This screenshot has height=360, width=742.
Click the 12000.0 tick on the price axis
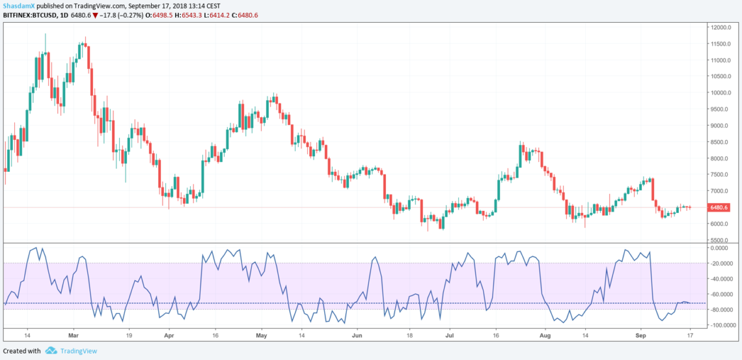pyautogui.click(x=719, y=27)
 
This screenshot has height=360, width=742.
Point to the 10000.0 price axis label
pyautogui.click(x=719, y=92)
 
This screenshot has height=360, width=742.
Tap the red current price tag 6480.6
pyautogui.click(x=719, y=208)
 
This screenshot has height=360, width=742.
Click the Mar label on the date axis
pyautogui.click(x=73, y=335)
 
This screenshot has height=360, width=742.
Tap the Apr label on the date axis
pyautogui.click(x=169, y=335)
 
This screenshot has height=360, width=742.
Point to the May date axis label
pyautogui.click(x=262, y=335)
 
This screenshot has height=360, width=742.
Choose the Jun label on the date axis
pyautogui.click(x=357, y=335)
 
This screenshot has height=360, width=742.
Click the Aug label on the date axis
pyautogui.click(x=545, y=335)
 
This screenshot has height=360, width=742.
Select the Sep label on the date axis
pyautogui.click(x=640, y=335)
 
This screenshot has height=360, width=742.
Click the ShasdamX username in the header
pyautogui.click(x=18, y=6)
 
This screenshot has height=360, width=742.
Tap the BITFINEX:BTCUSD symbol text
pyautogui.click(x=27, y=15)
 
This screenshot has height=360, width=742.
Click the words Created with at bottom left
pyautogui.click(x=22, y=351)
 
